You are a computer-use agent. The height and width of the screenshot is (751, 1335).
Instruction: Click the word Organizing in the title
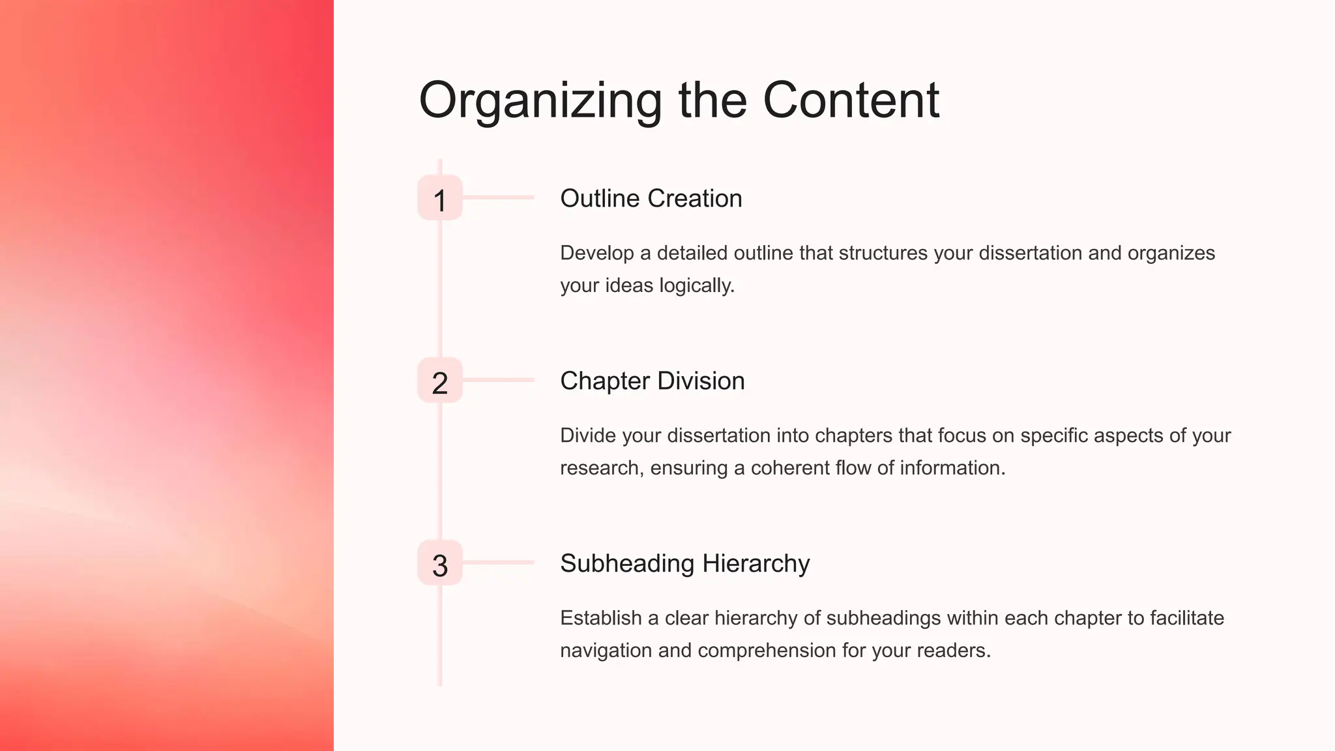[540, 101]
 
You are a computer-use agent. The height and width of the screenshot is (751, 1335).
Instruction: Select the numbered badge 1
[440, 198]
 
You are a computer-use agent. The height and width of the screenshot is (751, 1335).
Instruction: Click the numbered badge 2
[440, 381]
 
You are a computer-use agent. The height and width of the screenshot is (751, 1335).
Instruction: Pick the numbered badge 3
[440, 563]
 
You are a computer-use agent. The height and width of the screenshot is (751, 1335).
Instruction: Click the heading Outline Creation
[651, 198]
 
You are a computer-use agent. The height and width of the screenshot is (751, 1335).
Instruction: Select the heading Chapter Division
[652, 381]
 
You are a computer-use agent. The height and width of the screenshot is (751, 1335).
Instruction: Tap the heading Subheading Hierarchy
[684, 563]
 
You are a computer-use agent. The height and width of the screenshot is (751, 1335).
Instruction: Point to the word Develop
[596, 253]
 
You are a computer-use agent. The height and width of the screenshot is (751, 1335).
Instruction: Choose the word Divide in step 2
[588, 435]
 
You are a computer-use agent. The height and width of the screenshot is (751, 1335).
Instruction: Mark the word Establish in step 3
[600, 618]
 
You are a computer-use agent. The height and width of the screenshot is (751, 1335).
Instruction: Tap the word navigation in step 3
[606, 651]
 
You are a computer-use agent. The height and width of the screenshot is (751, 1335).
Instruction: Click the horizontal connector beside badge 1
[498, 197]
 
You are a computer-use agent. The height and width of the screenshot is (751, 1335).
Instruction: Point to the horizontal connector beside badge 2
[498, 379]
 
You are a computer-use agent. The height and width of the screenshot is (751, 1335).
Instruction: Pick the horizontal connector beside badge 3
[498, 562]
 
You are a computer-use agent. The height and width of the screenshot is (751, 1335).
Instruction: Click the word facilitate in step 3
[1186, 618]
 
